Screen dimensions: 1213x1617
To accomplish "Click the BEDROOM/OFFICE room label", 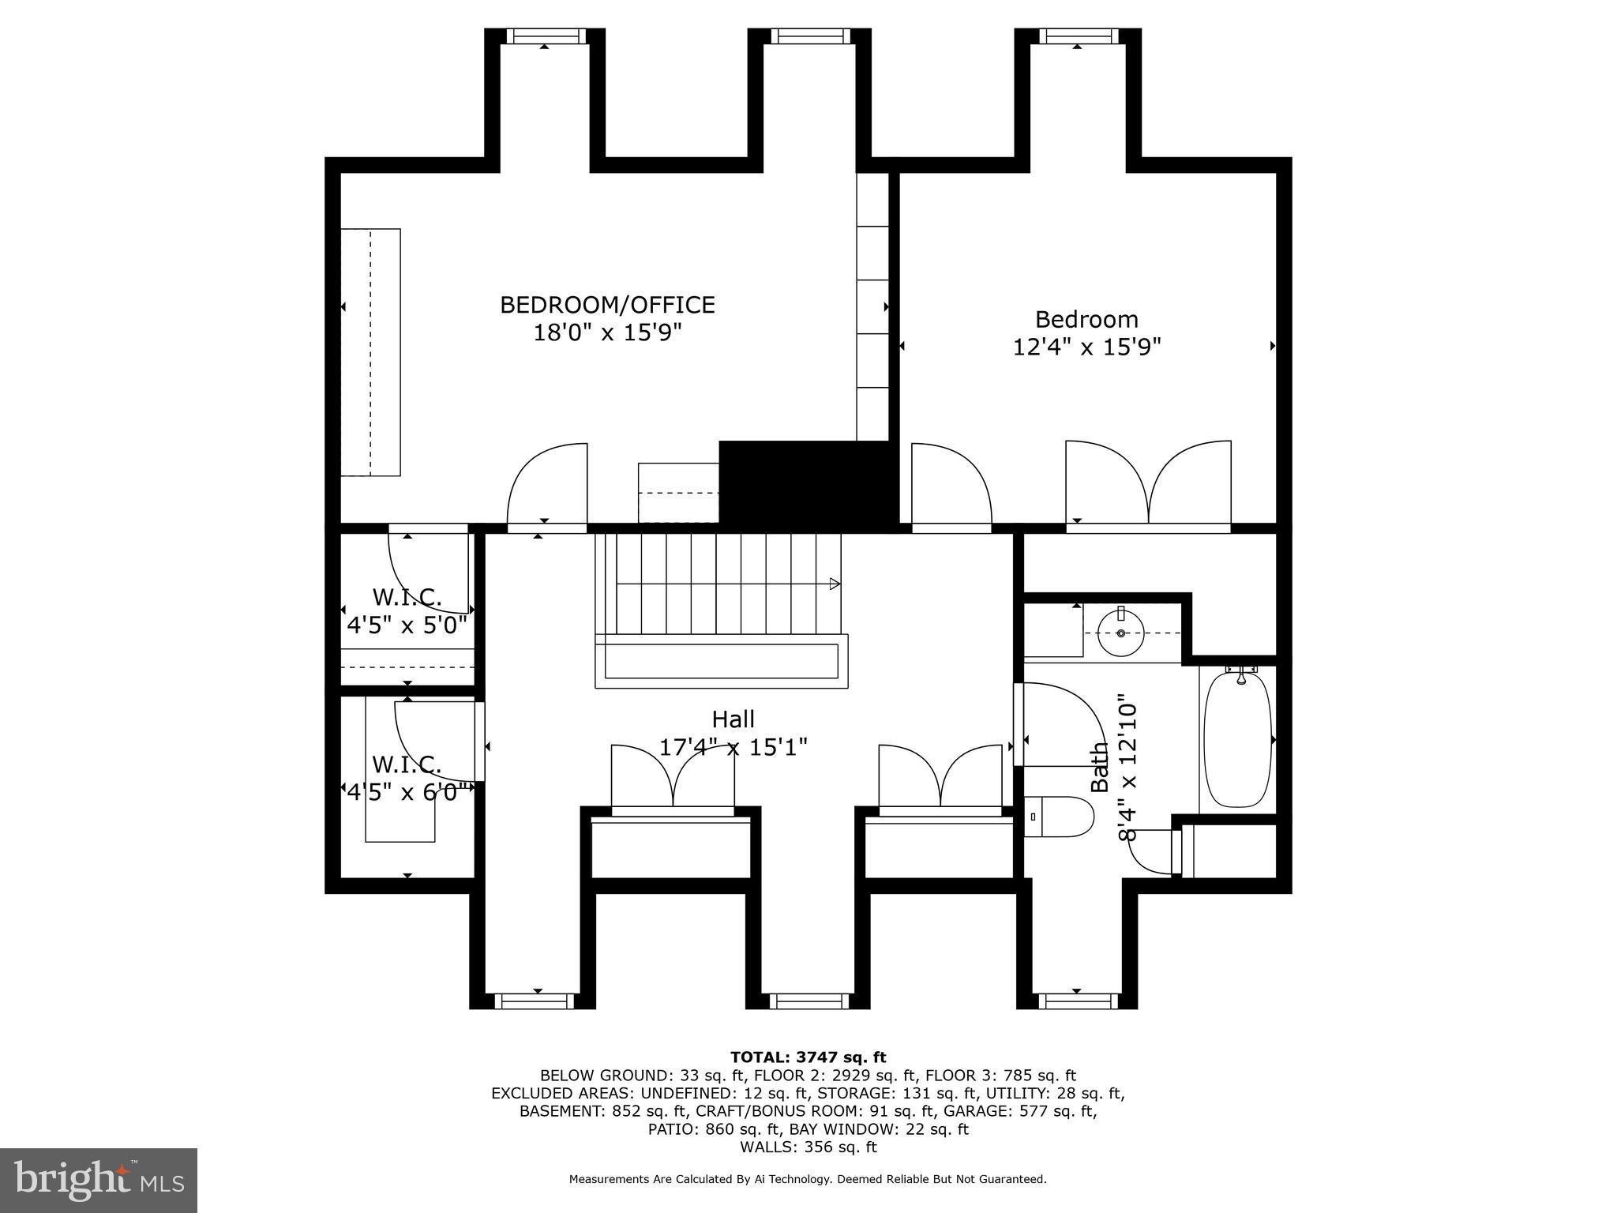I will click(607, 305).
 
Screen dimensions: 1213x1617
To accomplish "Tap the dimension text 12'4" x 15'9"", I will click(1086, 347).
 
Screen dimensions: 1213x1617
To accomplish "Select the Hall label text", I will click(733, 719).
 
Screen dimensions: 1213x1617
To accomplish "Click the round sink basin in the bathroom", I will click(1120, 633).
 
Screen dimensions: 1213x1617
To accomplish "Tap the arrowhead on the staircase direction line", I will click(834, 584).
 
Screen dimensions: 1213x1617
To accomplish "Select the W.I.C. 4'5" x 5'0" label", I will click(407, 610).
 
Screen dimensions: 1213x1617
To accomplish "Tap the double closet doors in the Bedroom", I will click(1148, 483).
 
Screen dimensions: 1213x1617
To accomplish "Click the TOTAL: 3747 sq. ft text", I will click(808, 1057).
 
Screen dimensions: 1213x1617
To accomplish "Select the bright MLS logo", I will click(99, 1180).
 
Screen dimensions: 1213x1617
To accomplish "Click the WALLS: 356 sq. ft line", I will click(808, 1147).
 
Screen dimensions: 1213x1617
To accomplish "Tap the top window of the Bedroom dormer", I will click(1078, 36).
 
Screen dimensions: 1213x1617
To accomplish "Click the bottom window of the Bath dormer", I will click(1077, 1001).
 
